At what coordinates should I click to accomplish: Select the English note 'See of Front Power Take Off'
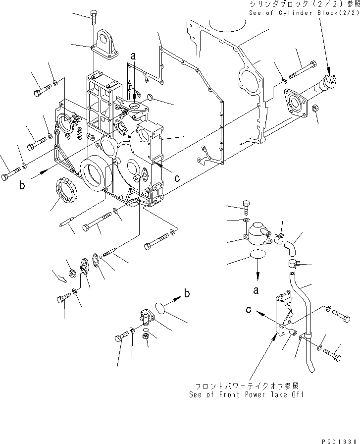click(246, 394)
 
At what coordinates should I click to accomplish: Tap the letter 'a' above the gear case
click(132, 57)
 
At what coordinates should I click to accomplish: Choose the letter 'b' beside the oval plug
click(187, 293)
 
